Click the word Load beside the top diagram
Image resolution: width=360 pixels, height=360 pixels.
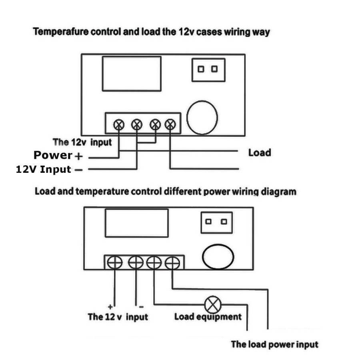pyautogui.click(x=259, y=152)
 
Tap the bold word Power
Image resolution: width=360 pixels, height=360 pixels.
pyautogui.click(x=53, y=155)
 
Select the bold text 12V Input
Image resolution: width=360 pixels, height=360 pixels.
pyautogui.click(x=43, y=169)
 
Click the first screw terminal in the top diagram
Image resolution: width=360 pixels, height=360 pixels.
pyautogui.click(x=119, y=124)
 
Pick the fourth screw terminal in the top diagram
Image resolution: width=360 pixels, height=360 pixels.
pyautogui.click(x=170, y=124)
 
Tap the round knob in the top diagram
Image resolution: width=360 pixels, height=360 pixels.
pyautogui.click(x=202, y=118)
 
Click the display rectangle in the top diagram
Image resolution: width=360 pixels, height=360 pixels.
pyautogui.click(x=132, y=74)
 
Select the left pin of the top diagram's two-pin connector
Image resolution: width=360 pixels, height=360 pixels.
pyautogui.click(x=202, y=69)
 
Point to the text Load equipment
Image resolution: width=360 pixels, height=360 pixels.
pyautogui.click(x=208, y=317)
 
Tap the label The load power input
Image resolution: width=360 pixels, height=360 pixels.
pyautogui.click(x=274, y=344)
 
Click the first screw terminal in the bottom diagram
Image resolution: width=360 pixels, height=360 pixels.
pyautogui.click(x=114, y=262)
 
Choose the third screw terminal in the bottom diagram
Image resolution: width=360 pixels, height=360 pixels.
pyautogui.click(x=154, y=262)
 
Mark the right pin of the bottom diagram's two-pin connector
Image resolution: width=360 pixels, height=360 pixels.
pyautogui.click(x=224, y=221)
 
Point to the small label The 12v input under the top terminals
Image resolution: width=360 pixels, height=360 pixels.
pyautogui.click(x=82, y=142)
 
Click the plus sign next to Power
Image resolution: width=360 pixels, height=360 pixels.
pyautogui.click(x=79, y=156)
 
